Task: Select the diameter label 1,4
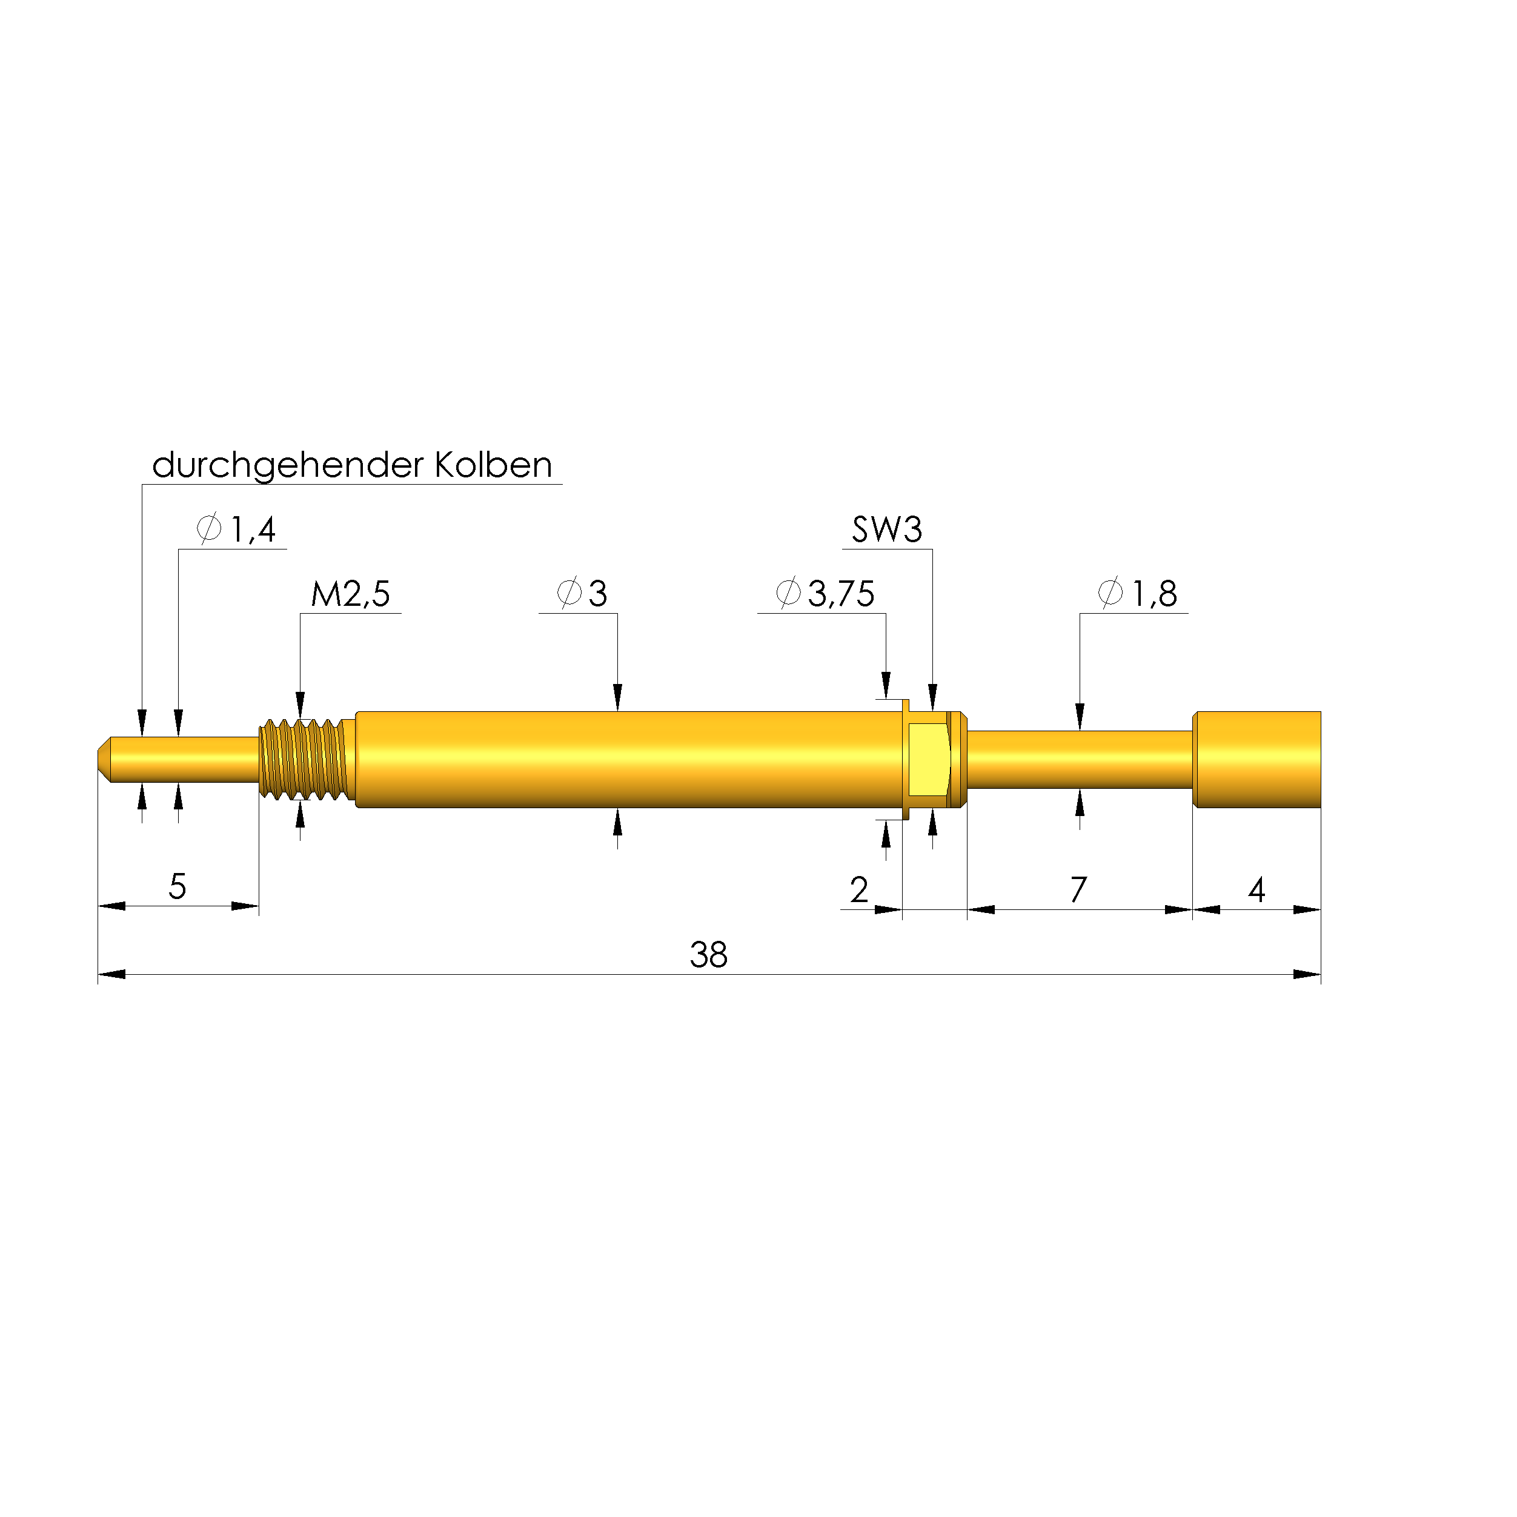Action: coord(252,530)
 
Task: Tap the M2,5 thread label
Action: coord(350,594)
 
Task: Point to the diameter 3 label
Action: coord(597,594)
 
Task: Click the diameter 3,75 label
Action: coord(840,594)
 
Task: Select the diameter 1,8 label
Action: coord(1154,594)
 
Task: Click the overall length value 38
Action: coord(708,955)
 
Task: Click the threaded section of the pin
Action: coord(305,759)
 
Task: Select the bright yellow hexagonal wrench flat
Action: coord(929,759)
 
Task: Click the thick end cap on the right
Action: coord(1256,759)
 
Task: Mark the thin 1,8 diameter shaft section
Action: coord(1080,759)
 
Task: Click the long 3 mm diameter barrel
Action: coord(628,759)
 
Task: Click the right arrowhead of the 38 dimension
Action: coord(1307,974)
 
